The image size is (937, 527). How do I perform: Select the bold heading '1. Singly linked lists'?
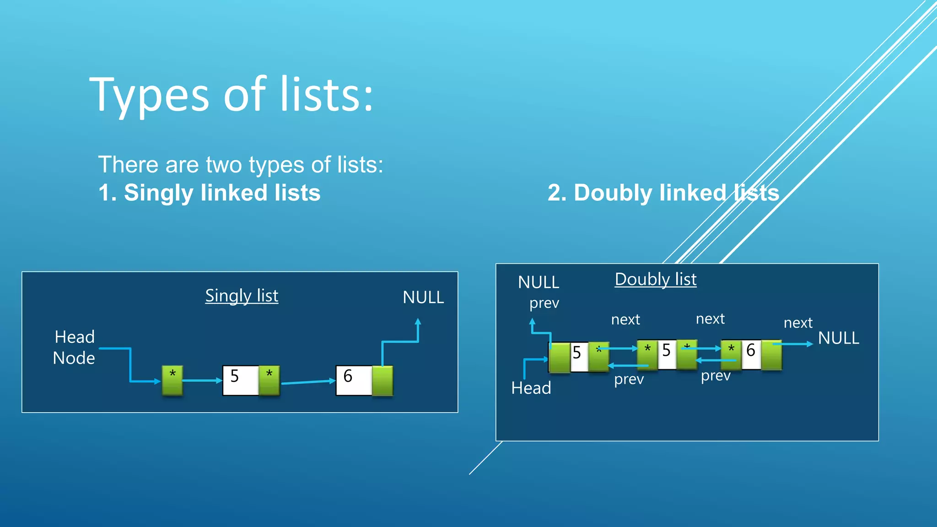coord(210,193)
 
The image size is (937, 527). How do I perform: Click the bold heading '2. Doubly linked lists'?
coord(663,193)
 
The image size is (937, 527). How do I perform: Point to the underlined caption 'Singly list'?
coord(242,296)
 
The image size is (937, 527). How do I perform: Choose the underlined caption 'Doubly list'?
coord(656,280)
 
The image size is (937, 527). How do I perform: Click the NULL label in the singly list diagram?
coord(423,297)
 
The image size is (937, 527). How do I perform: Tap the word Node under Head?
coord(74,358)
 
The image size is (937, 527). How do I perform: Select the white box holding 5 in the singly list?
coord(241,380)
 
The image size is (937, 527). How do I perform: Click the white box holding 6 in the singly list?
coord(354,380)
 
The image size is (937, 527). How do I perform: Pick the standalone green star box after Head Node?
coord(172,380)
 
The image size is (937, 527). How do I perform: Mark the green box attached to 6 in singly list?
coord(382,380)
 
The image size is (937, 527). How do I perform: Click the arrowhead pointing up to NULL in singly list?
coord(418,322)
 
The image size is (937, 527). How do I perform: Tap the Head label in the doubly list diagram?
coord(531,388)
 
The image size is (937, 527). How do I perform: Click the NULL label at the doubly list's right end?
coord(839,338)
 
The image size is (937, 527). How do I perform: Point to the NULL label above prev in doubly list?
coord(539,282)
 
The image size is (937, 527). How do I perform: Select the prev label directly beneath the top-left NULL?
coord(544,303)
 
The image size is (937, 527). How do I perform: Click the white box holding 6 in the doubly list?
coord(751,354)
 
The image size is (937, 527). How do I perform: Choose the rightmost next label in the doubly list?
coord(798,323)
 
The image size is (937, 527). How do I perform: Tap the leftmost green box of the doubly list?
coord(560,357)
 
